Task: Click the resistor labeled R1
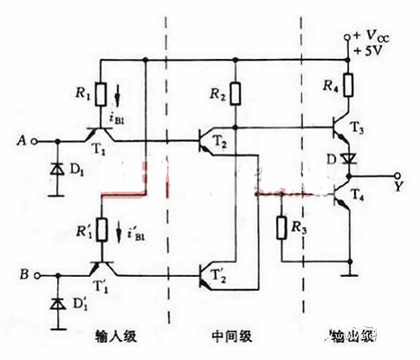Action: (101, 93)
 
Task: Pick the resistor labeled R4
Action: (349, 85)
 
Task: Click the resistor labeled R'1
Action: (101, 229)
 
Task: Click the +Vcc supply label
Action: (374, 35)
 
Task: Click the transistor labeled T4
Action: (345, 196)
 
